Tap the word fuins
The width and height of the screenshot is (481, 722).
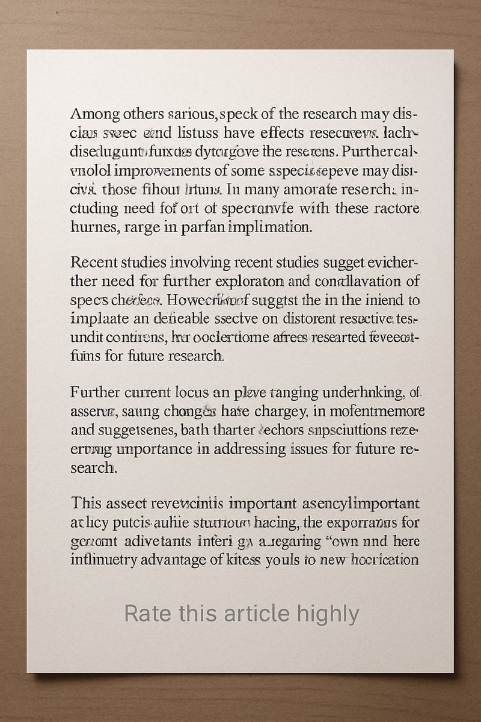click(85, 355)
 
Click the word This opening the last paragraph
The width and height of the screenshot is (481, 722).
click(86, 504)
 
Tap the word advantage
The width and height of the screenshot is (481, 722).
click(174, 560)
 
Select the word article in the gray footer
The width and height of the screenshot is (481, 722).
click(258, 614)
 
